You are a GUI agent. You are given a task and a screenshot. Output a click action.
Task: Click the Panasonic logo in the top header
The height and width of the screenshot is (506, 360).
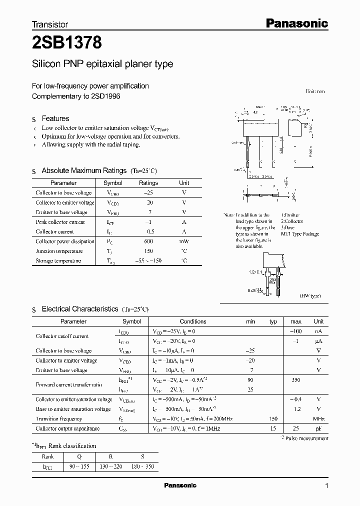pos(295,23)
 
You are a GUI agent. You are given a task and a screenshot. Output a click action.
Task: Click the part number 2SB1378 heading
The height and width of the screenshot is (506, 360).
pos(67,43)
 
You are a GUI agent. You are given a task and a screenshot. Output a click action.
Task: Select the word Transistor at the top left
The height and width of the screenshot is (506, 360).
pos(50,24)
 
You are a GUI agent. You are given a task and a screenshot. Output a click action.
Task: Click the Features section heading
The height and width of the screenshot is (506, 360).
pos(55,118)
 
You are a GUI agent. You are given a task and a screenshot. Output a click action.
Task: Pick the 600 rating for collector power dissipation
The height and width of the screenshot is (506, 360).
pos(148,241)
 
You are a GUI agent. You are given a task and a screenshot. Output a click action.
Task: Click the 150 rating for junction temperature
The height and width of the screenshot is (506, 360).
pos(148,251)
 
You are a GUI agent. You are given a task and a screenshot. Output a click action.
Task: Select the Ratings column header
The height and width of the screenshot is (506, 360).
pos(148,183)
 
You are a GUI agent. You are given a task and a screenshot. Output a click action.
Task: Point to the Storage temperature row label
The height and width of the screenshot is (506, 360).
pos(58,261)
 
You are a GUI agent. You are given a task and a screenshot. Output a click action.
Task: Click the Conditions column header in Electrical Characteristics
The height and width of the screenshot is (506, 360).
pos(193,321)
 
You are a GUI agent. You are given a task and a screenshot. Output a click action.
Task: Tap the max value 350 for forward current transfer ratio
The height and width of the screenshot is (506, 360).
pos(296,380)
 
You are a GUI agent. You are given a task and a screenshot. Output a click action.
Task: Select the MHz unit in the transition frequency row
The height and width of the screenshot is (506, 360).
pos(318,419)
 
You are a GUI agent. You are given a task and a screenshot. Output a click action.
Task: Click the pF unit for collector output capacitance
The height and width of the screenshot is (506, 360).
pos(318,428)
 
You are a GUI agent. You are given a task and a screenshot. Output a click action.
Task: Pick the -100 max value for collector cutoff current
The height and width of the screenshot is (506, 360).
pos(296,331)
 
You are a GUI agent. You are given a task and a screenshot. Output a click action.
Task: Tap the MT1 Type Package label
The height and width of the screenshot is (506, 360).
pos(300,234)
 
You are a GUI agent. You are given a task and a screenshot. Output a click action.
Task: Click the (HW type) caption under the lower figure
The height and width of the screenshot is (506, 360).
pos(310,296)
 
